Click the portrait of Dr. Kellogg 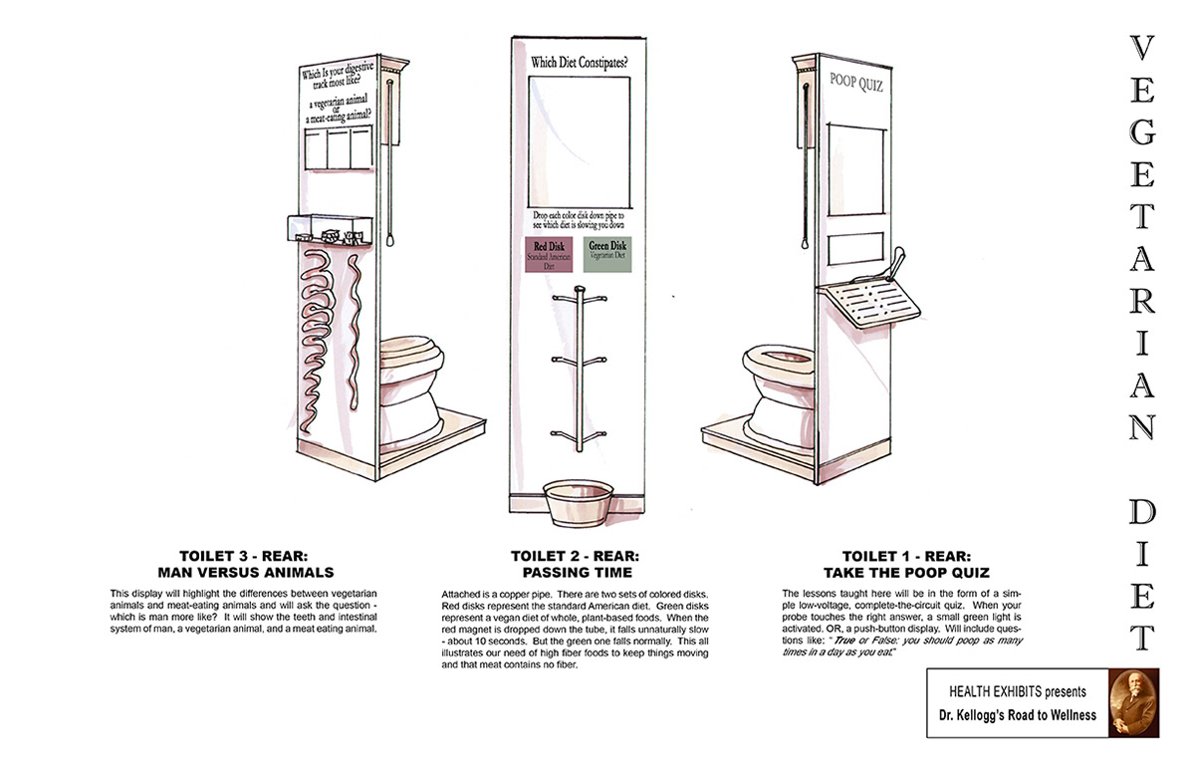tap(1135, 702)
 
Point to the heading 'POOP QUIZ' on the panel tap(856, 85)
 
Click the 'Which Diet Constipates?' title tap(579, 62)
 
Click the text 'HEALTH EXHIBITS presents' tap(1017, 691)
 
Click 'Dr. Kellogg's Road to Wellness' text tap(1017, 714)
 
